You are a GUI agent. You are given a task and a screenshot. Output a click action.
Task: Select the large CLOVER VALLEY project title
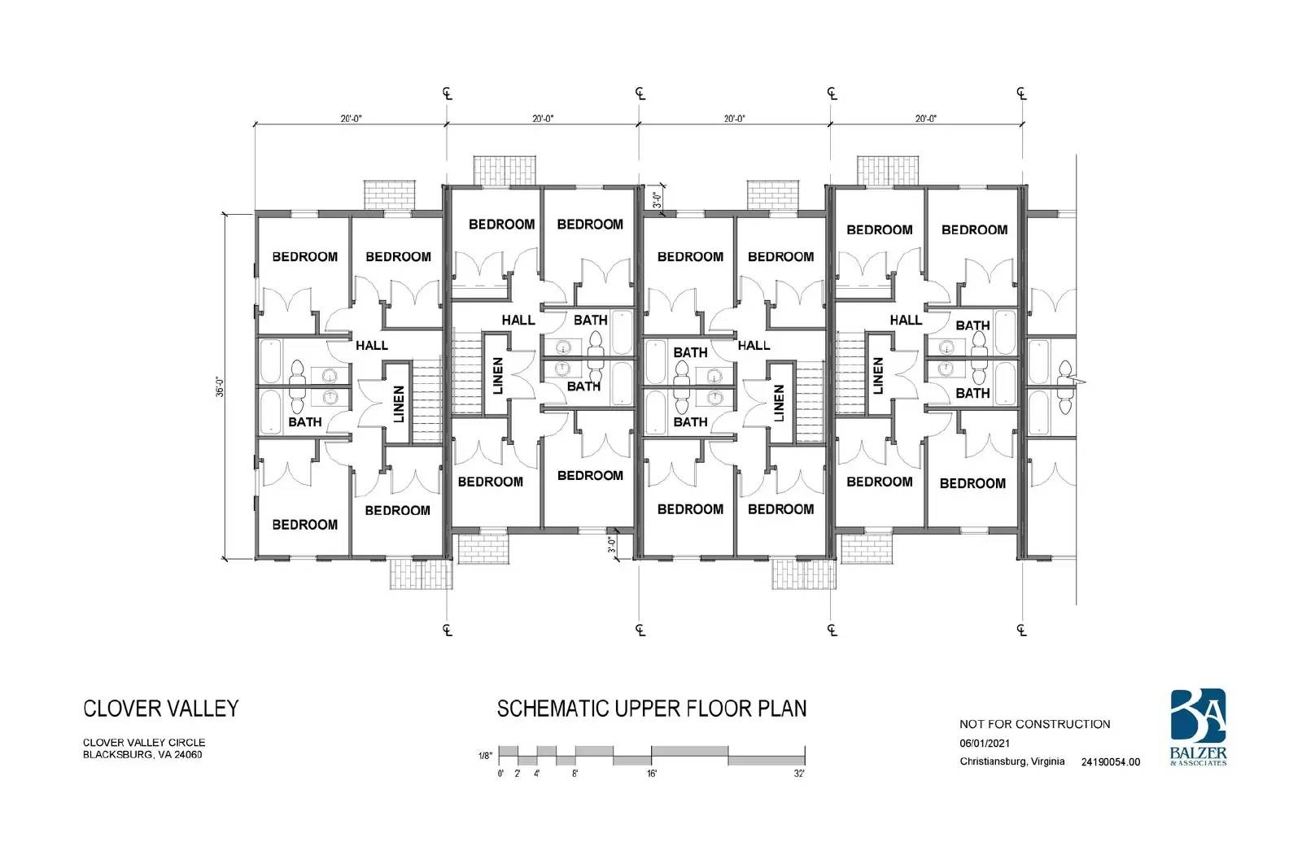[x=161, y=709]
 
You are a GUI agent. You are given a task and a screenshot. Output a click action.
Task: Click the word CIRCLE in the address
[x=186, y=742]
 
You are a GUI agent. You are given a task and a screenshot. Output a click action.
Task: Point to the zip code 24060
[x=188, y=755]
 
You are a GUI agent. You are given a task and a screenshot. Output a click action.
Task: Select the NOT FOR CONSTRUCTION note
[x=1034, y=724]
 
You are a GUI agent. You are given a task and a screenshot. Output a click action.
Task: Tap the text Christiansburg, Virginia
[x=1012, y=761]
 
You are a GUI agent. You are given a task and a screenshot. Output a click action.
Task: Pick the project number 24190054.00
[x=1111, y=761]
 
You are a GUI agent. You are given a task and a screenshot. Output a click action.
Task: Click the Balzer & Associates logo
[x=1199, y=727]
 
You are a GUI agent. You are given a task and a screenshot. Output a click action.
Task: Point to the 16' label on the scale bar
[x=652, y=774]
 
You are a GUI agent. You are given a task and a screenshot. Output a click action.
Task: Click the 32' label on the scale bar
[x=799, y=774]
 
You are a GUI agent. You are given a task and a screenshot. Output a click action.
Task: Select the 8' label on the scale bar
[x=575, y=774]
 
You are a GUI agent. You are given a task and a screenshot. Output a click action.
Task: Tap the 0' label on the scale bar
[x=500, y=774]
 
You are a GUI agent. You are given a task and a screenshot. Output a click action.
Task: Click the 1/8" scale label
[x=485, y=756]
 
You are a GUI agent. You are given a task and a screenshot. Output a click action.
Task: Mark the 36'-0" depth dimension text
[x=220, y=387]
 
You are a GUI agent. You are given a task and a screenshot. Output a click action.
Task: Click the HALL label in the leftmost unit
[x=372, y=345]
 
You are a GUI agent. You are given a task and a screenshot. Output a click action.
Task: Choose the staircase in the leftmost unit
[x=426, y=400]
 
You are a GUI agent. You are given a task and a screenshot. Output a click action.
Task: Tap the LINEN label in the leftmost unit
[x=399, y=404]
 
